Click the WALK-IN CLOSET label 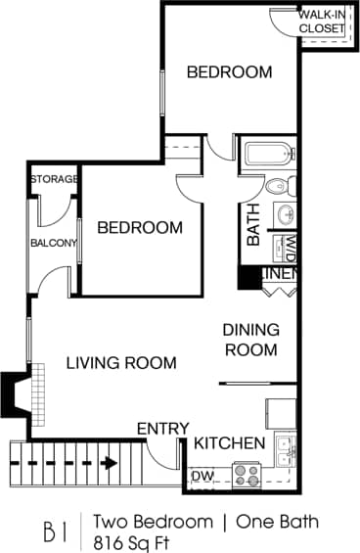coord(322,22)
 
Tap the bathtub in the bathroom coord(267,156)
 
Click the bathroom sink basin coord(288,213)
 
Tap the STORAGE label coord(54,179)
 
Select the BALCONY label coord(53,243)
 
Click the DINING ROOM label coord(251,340)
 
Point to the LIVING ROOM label coord(121,363)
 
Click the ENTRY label coord(162,429)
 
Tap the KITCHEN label coord(229,443)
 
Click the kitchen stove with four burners coord(247,475)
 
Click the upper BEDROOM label coord(229,71)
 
